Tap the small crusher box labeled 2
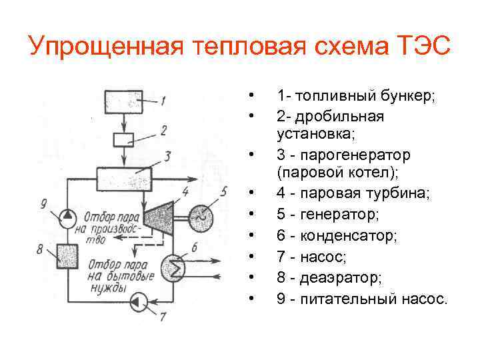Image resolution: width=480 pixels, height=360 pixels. pyautogui.click(x=123, y=139)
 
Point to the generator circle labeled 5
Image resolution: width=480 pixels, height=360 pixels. pyautogui.click(x=199, y=215)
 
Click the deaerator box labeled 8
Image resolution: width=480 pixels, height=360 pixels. pyautogui.click(x=68, y=255)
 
